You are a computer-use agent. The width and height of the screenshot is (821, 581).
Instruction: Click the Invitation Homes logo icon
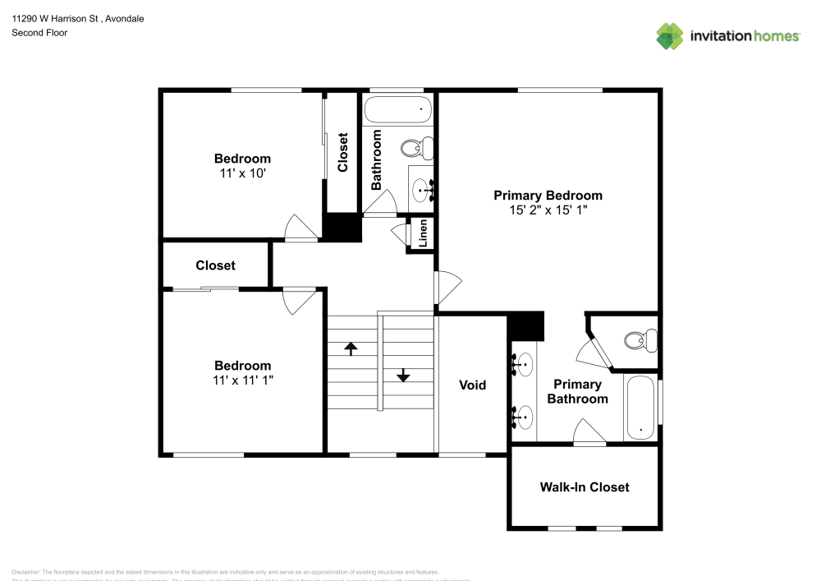(670, 36)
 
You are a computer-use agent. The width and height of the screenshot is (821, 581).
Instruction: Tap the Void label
(472, 385)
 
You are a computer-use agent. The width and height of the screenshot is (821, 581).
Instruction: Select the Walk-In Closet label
(585, 486)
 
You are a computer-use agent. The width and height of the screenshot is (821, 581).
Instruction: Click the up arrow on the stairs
(351, 348)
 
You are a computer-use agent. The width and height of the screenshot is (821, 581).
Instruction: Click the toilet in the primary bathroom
(640, 339)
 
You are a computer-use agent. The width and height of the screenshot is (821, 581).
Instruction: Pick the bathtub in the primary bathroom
(640, 408)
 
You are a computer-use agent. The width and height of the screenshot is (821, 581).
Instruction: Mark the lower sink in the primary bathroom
(522, 417)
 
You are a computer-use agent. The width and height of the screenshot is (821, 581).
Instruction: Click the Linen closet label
(423, 233)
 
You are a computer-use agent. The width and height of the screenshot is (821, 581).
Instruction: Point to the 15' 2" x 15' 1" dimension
(548, 210)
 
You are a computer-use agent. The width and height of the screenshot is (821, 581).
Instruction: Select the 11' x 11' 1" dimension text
(242, 380)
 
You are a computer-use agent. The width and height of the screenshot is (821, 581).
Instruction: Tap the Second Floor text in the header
(39, 33)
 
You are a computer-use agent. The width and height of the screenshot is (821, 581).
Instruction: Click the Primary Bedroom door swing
(448, 286)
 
